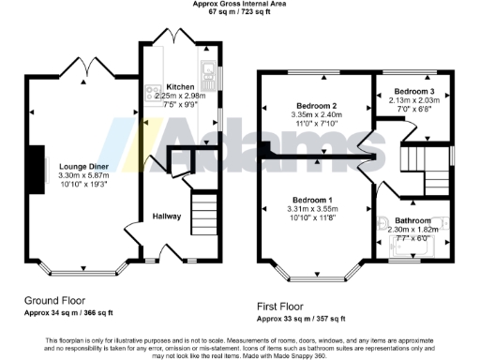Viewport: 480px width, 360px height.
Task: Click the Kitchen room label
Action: pos(180,86)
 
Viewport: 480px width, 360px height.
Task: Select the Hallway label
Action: pos(166,217)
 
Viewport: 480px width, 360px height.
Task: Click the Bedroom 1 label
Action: pos(312,201)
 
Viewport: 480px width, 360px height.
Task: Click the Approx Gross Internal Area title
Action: pos(240,3)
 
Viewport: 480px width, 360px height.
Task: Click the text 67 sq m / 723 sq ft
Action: pos(240,11)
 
